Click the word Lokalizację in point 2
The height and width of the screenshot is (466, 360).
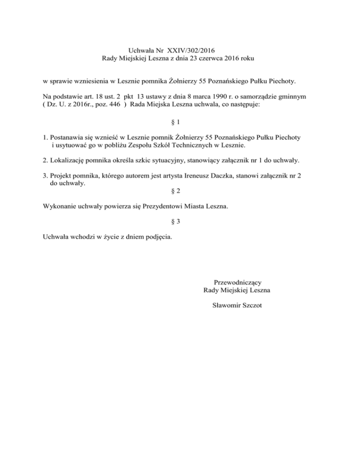pyautogui.click(x=66, y=161)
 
